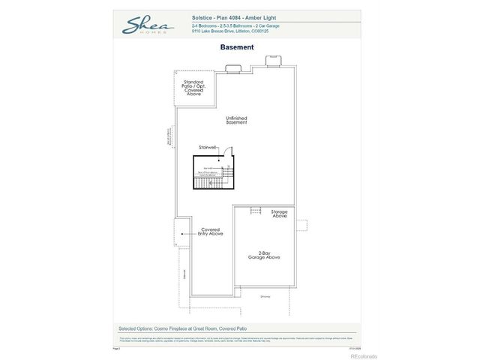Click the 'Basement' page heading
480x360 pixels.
coord(237,47)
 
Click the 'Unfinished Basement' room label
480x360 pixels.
coord(236,120)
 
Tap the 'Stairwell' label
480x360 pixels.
coord(208,147)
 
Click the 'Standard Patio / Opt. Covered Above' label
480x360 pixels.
coord(193,88)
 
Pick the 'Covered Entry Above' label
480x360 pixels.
coord(210,232)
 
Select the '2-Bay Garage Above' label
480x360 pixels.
coord(264,255)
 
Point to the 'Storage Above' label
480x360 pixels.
coord(280,214)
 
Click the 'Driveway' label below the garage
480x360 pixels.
coord(265,296)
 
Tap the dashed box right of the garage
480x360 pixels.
coord(301,225)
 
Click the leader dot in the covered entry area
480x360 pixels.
coord(182,233)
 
